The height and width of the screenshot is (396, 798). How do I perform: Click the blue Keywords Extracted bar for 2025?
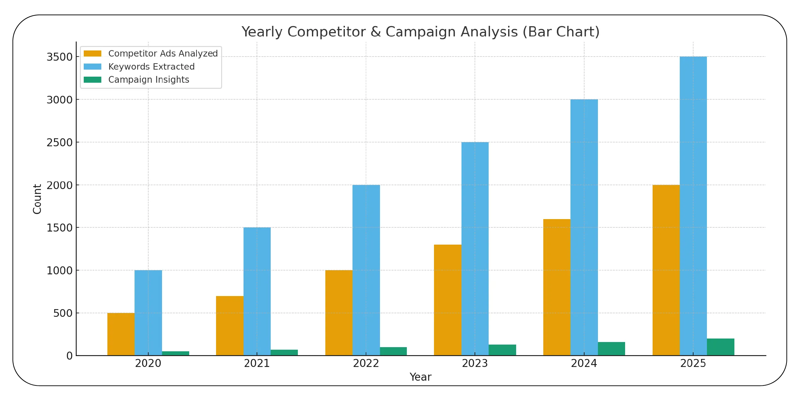pos(693,206)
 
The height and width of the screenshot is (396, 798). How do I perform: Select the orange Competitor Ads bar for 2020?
pos(121,334)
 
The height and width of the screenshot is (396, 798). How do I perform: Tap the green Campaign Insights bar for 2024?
pos(611,349)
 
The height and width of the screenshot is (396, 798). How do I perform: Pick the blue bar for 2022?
pos(366,270)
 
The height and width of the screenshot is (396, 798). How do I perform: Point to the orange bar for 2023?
pos(447,300)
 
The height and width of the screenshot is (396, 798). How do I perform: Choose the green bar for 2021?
pos(284,353)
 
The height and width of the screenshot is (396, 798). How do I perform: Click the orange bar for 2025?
pos(666,270)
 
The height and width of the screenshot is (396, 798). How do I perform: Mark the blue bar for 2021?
pos(257,291)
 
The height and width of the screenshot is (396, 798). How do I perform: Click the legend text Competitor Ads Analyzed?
pos(163,54)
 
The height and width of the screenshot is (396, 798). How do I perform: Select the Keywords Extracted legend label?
pos(151,67)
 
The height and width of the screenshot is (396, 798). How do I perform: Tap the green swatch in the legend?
pos(92,80)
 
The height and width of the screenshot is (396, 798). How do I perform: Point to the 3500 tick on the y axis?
pos(59,57)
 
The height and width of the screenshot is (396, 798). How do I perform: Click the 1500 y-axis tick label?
pos(59,228)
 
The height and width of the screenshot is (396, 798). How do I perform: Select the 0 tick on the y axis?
pos(69,356)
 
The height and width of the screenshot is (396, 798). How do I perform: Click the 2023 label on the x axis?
pos(475,364)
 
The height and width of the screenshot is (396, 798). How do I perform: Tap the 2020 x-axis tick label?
pos(148,364)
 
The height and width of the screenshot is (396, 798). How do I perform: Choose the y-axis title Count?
pos(37,199)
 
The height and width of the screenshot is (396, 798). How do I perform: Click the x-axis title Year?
pos(420,377)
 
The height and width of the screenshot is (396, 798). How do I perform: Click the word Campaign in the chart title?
pos(419,32)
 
